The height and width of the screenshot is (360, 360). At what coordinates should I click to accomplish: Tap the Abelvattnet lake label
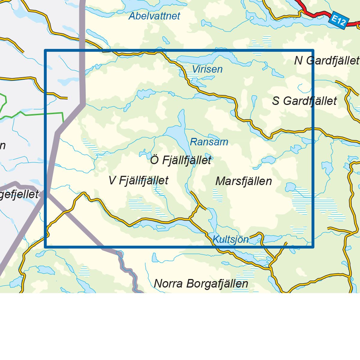[x=154, y=16]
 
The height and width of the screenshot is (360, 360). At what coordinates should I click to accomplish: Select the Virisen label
[x=207, y=69]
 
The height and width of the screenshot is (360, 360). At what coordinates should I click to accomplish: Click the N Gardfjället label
[x=326, y=61]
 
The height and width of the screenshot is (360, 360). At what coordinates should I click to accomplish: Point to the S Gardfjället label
[x=304, y=101]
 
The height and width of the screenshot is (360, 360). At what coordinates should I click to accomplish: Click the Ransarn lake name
[x=209, y=142]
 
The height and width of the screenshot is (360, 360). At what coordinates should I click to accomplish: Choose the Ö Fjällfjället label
[x=181, y=160]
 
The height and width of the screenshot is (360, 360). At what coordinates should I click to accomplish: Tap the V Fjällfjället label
[x=138, y=180]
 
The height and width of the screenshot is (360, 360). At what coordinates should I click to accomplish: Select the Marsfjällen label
[x=244, y=181]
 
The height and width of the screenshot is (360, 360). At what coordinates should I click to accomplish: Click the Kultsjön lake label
[x=230, y=239]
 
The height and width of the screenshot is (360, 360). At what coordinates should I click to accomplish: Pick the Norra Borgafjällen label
[x=201, y=283]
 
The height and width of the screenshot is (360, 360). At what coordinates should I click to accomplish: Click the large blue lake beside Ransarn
[x=177, y=133]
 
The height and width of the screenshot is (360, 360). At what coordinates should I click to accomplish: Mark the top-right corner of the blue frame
[x=313, y=50]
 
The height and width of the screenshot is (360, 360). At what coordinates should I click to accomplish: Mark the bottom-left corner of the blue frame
[x=45, y=247]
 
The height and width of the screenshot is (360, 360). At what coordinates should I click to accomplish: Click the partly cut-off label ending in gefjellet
[x=19, y=194]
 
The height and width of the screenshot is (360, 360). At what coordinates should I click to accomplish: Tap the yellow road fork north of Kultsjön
[x=198, y=206]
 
